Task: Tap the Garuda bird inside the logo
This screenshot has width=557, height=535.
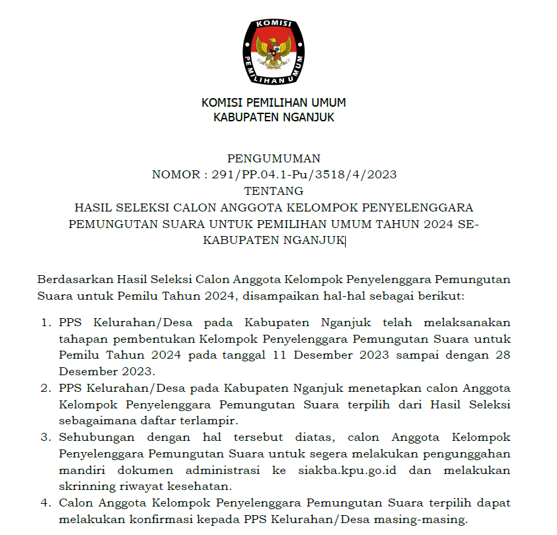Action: click(274, 52)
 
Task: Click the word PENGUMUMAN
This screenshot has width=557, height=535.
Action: click(274, 158)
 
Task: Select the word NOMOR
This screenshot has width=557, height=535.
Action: click(174, 175)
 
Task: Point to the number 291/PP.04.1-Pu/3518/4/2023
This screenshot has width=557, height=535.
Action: click(304, 175)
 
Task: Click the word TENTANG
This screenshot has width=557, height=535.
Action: click(274, 192)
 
